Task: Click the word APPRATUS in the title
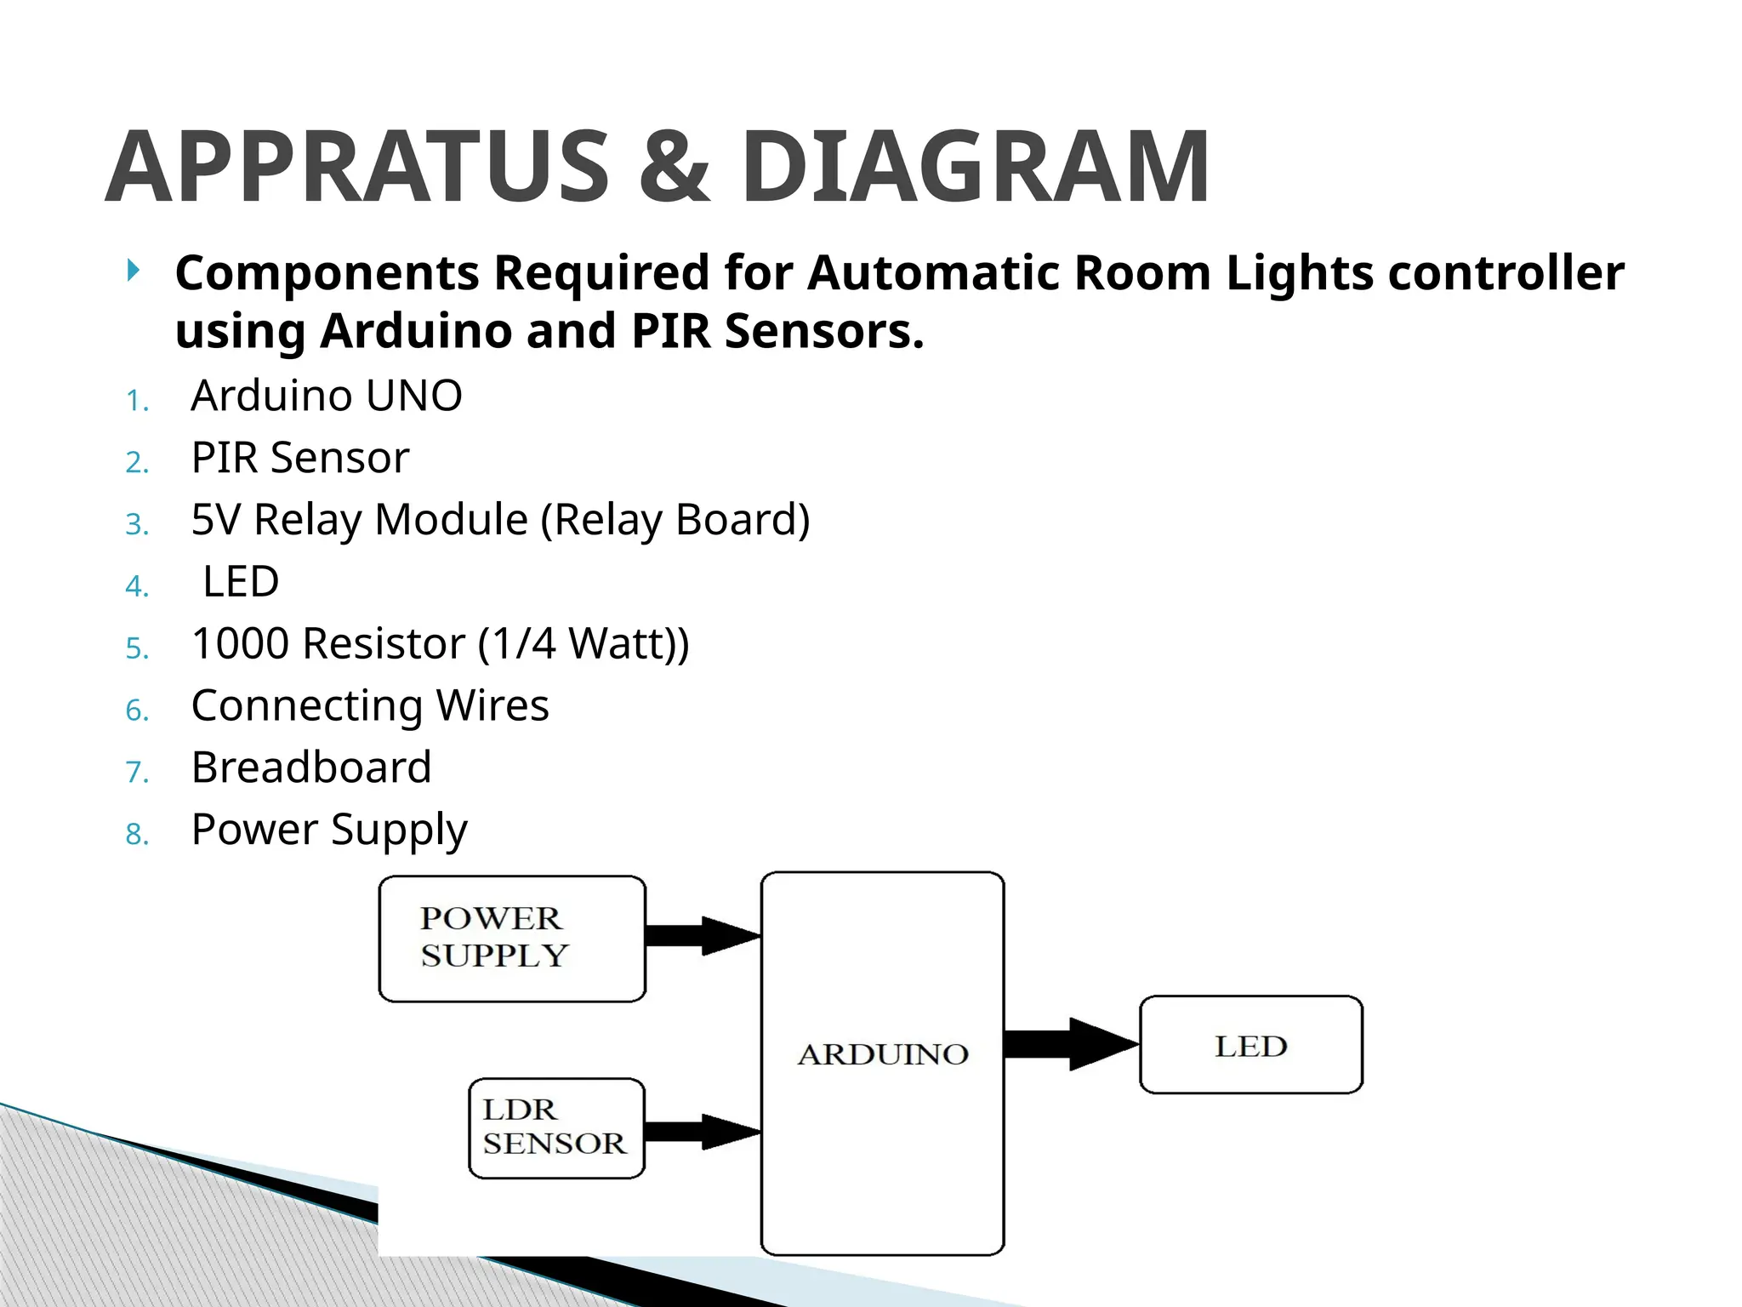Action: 357,167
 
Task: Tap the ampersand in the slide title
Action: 674,167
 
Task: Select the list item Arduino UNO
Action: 327,396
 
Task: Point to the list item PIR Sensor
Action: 300,458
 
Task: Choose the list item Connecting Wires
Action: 370,705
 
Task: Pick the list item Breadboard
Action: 311,768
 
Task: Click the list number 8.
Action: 137,835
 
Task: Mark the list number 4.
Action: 137,586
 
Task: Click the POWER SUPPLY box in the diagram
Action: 511,939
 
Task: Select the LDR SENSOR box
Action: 556,1128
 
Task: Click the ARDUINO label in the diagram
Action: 883,1055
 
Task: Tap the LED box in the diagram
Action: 1250,1045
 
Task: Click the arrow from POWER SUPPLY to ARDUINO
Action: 703,936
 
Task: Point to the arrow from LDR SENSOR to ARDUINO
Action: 703,1132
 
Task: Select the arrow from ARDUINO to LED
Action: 1070,1044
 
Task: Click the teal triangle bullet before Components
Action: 134,271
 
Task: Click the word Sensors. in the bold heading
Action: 823,331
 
